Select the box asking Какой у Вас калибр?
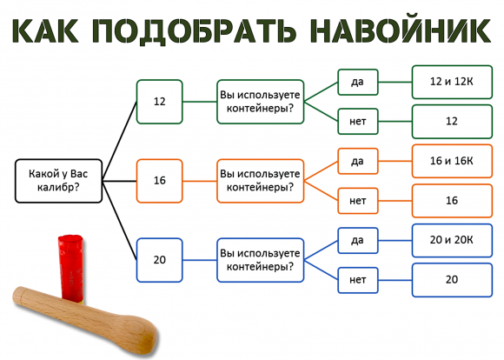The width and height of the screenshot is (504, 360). click(x=56, y=181)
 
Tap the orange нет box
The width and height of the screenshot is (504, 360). click(x=358, y=201)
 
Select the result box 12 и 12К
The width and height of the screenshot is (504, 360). click(x=451, y=81)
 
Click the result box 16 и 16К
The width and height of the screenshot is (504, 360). click(x=451, y=161)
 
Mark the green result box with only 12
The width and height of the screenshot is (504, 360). click(x=451, y=121)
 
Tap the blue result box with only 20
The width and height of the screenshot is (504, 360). click(x=451, y=280)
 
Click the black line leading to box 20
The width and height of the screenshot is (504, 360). click(x=120, y=222)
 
